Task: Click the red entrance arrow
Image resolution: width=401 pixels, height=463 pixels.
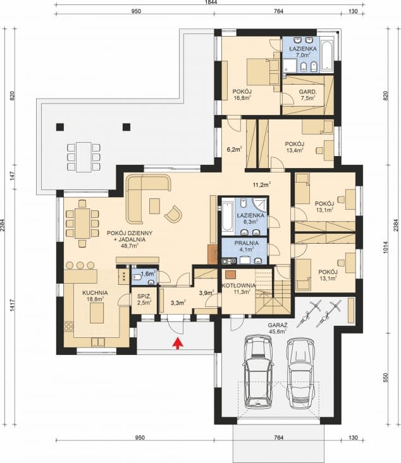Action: point(178,344)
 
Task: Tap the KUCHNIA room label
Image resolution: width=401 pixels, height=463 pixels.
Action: point(95,293)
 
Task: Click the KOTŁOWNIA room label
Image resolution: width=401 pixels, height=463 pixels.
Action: point(238,286)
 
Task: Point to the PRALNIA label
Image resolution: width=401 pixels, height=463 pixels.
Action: point(246,243)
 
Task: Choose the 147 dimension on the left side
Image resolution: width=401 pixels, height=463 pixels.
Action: point(12,176)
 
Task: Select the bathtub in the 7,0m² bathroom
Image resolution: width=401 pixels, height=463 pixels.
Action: point(327,56)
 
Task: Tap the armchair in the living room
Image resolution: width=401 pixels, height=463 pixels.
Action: point(173,213)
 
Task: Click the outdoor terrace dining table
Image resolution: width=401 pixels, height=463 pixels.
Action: point(83,157)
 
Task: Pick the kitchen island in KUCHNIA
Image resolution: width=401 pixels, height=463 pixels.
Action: point(97,313)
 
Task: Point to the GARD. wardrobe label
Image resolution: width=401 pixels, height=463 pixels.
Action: point(307,92)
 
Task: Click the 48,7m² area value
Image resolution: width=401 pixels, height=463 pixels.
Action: point(130,246)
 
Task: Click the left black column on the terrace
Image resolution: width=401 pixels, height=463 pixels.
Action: point(60,127)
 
